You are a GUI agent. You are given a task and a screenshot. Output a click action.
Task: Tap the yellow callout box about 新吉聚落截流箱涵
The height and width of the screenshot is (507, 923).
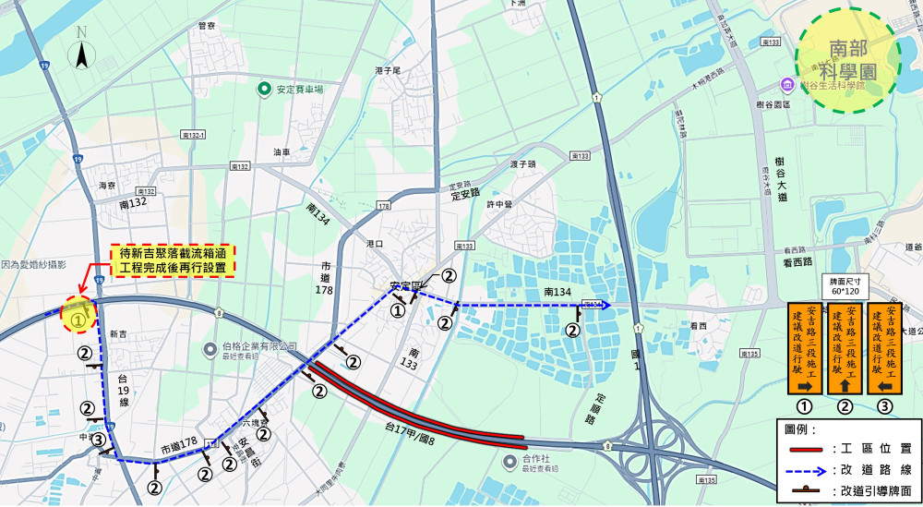point(173,260)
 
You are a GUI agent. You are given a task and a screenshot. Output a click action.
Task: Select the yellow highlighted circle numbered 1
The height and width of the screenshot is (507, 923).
point(78,317)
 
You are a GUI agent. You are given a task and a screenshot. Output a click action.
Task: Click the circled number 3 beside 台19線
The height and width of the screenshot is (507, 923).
point(100,440)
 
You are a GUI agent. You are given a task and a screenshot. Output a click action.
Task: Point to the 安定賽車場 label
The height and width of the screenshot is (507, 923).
point(298,91)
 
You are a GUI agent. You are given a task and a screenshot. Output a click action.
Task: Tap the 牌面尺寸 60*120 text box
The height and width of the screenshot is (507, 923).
point(845,285)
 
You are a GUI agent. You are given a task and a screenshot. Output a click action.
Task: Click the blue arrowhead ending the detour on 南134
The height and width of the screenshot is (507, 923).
point(605,304)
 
